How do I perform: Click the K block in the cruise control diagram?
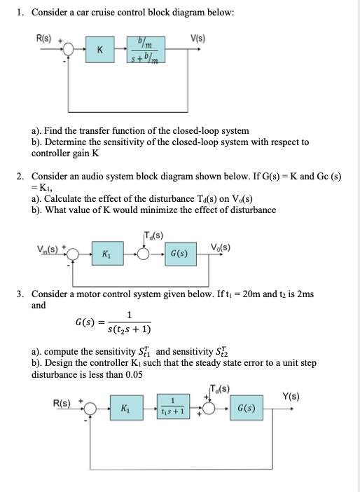click(x=99, y=50)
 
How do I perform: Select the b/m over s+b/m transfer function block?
click(x=146, y=50)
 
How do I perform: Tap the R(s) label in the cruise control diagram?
click(x=44, y=39)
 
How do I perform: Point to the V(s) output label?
click(x=198, y=39)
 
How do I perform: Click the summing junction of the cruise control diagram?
click(x=69, y=49)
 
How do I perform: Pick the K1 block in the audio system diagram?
click(x=108, y=254)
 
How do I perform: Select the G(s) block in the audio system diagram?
click(x=181, y=254)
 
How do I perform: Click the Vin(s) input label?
click(x=48, y=249)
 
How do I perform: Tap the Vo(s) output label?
click(x=221, y=247)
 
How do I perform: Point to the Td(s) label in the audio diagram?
click(x=154, y=235)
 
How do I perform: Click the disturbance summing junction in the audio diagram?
click(x=144, y=254)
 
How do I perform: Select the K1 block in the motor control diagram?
click(x=126, y=408)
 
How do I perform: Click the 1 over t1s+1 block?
click(x=173, y=406)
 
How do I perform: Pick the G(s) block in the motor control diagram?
click(x=246, y=408)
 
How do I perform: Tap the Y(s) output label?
click(x=291, y=396)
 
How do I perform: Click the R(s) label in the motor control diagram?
click(x=62, y=403)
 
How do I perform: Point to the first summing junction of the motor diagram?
click(x=90, y=408)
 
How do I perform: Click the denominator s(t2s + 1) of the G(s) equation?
click(x=129, y=329)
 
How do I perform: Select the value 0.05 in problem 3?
click(x=134, y=374)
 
